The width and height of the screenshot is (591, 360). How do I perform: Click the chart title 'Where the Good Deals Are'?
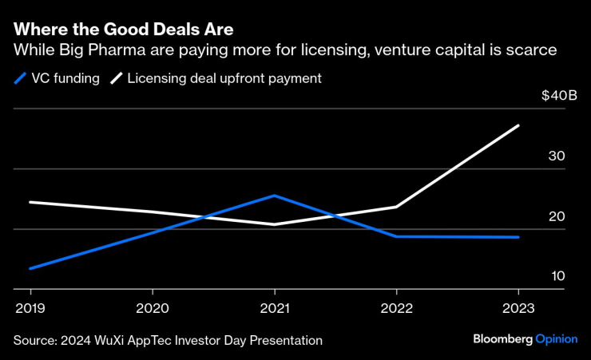coord(123,30)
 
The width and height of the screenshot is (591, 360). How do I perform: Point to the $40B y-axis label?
coord(558,96)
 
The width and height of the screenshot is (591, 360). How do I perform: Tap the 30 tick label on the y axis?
coord(557,156)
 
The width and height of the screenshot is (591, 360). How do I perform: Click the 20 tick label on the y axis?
coord(557,216)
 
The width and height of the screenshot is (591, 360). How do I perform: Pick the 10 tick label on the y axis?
coord(557,276)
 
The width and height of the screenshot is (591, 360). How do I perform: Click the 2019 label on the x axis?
coord(30,307)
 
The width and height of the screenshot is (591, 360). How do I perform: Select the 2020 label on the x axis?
coord(153,307)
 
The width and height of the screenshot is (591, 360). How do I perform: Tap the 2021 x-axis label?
coord(275,307)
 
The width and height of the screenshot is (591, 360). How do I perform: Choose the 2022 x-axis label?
coord(397,307)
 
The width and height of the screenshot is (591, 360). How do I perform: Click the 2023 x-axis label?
coord(518,307)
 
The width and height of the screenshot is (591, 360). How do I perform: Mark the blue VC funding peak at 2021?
coord(275,196)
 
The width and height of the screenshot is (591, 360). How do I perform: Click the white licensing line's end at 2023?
coord(518,126)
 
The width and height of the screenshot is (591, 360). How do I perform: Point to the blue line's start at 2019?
coord(30,268)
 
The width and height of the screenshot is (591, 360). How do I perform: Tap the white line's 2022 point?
coord(397,207)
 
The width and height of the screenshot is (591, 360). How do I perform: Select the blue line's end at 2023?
coord(518,237)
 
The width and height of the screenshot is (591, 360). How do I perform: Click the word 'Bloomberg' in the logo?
coord(502,339)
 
